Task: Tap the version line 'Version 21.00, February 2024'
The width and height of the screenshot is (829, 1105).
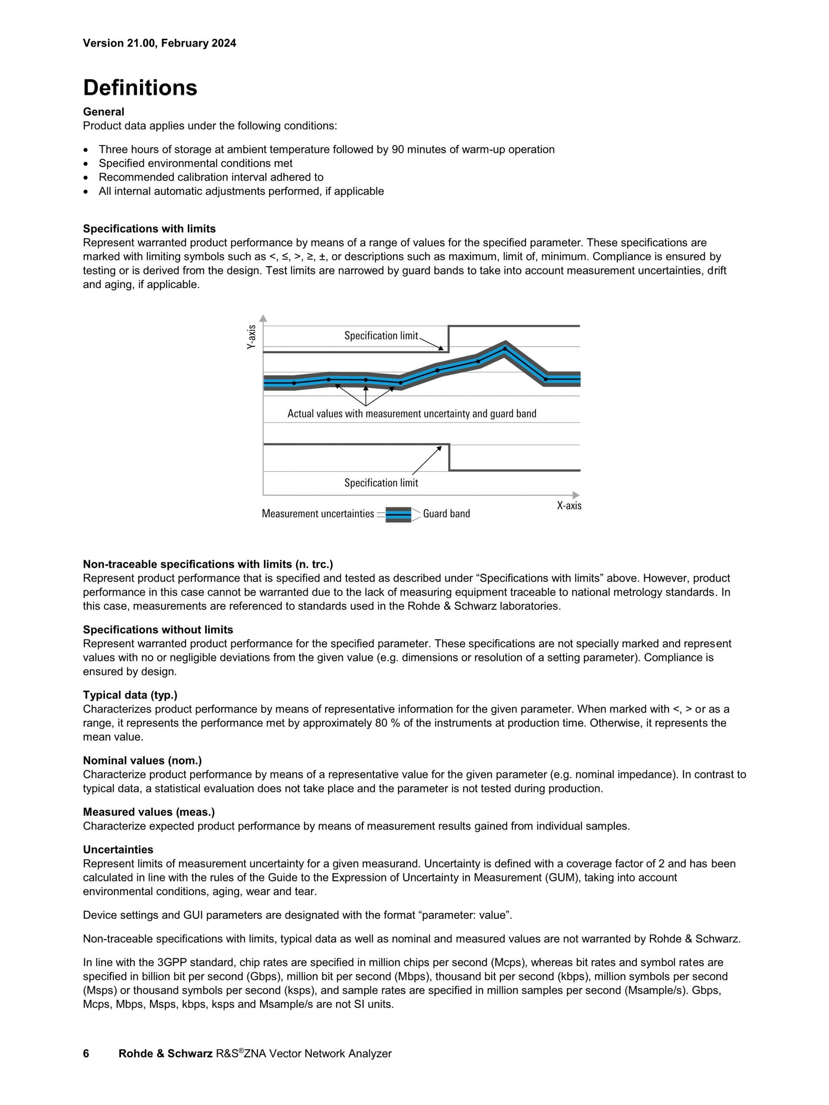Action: [x=159, y=43]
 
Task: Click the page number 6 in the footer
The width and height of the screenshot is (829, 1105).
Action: [x=86, y=1054]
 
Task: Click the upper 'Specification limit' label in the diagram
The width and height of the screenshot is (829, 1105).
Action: [x=381, y=336]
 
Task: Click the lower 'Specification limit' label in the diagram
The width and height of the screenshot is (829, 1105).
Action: [x=381, y=483]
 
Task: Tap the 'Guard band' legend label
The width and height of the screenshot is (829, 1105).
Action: [x=446, y=513]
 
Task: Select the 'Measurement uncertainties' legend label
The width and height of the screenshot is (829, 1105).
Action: [x=318, y=513]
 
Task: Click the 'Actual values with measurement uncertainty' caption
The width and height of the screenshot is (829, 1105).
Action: [x=411, y=414]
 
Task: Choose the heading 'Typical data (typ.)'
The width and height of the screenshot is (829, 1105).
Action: [x=130, y=695]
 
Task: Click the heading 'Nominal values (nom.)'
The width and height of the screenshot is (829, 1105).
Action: [x=142, y=760]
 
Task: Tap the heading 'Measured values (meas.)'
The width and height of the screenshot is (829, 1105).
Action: [x=149, y=812]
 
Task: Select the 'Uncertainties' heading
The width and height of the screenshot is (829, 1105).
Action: [x=118, y=849]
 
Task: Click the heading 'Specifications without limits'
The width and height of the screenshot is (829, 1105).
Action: [x=158, y=630]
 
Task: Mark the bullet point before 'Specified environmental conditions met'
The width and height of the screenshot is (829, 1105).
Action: [x=87, y=163]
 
